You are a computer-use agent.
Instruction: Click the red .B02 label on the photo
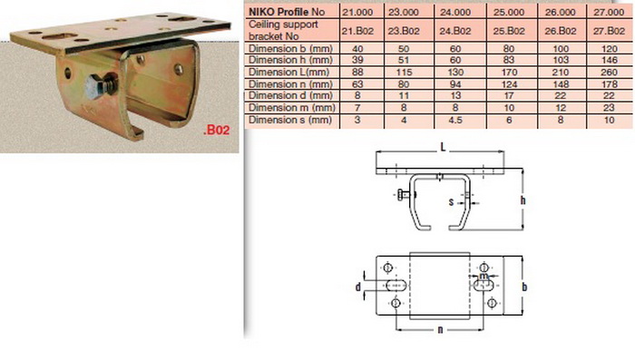216,130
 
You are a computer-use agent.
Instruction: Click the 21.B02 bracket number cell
357,31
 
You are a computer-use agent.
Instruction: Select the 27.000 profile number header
609,12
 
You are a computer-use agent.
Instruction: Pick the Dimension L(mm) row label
288,72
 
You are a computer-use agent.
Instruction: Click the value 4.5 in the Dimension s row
455,121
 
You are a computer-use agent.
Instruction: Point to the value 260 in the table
609,72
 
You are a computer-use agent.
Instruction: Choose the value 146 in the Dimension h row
609,60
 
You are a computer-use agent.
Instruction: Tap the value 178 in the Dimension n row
609,84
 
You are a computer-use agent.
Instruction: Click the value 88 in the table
357,72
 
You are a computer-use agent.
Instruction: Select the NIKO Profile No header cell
287,12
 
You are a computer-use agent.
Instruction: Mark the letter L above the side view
443,147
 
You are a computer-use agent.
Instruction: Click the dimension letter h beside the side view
523,200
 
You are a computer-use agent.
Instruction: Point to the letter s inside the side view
451,201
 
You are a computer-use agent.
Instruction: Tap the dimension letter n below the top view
440,330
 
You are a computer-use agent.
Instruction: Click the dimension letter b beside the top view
524,287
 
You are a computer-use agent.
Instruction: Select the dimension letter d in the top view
358,287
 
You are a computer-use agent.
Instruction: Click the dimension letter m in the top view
484,277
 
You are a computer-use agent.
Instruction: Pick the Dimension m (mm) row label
292,108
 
